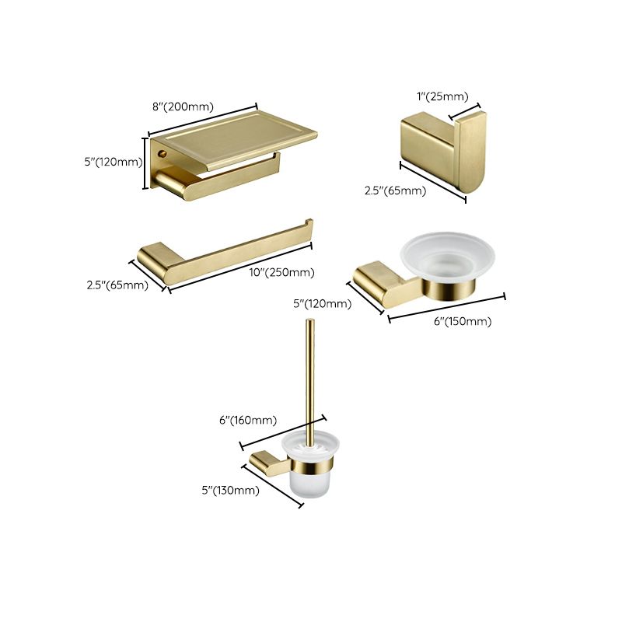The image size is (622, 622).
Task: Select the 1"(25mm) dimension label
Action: point(442,96)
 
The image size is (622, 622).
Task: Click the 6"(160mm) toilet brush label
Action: point(248,420)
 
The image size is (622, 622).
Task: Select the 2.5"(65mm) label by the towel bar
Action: point(117,285)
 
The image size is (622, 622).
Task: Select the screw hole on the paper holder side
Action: point(163,155)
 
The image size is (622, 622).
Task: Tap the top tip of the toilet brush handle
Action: point(310,322)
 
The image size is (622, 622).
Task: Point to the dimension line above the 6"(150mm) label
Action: point(446,306)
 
